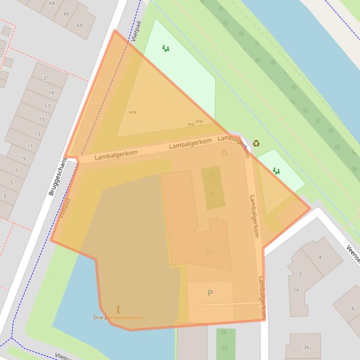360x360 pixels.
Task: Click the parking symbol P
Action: tap(210, 293)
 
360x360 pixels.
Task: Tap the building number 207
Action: tap(210, 252)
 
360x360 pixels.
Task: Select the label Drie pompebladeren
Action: tap(118, 317)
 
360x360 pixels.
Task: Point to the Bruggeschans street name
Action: tap(58, 176)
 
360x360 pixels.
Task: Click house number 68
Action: tap(79, 25)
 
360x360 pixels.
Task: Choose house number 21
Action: tap(46, 78)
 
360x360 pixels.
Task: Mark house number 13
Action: tap(37, 134)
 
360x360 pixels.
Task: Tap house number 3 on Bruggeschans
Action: tap(5, 195)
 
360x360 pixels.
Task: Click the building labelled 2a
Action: tap(296, 289)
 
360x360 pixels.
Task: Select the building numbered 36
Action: tap(306, 347)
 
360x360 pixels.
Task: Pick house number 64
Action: tap(51, 3)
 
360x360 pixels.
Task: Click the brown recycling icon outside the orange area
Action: tap(256, 143)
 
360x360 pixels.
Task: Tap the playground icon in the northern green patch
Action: tap(165, 48)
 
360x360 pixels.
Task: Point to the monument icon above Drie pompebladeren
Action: tap(118, 310)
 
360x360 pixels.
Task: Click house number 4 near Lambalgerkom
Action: tap(320, 258)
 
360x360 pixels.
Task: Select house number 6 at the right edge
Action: tap(353, 308)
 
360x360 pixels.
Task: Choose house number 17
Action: tap(47, 107)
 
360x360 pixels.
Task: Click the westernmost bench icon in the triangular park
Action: tap(132, 112)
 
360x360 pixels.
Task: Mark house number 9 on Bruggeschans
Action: tap(24, 159)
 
